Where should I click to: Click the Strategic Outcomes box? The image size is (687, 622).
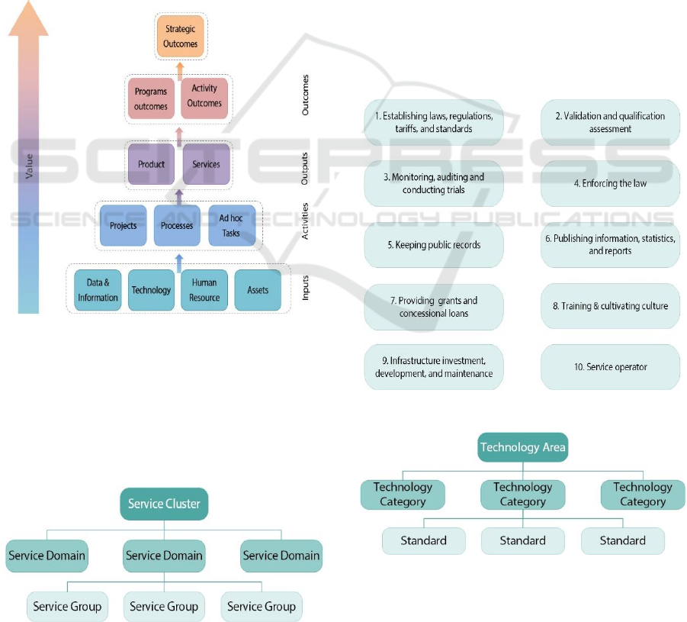[180, 37]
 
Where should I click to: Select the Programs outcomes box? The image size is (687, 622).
[150, 98]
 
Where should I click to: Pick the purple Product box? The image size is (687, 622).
[151, 165]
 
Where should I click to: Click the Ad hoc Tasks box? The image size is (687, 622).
[232, 225]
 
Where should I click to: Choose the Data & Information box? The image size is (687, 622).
[98, 290]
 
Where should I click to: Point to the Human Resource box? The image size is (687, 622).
[204, 290]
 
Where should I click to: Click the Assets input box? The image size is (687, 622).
[258, 290]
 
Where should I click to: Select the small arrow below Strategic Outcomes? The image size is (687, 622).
[180, 70]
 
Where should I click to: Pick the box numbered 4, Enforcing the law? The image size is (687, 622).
[610, 183]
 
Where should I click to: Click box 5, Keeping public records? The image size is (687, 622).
[433, 245]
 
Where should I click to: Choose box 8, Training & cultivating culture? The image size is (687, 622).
[610, 306]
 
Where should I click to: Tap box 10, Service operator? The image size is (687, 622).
[610, 367]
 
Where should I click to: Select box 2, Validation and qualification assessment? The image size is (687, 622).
[610, 122]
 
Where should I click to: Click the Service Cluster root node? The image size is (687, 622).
[165, 504]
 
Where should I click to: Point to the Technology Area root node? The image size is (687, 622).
[523, 447]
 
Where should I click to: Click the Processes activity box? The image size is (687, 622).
[177, 225]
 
